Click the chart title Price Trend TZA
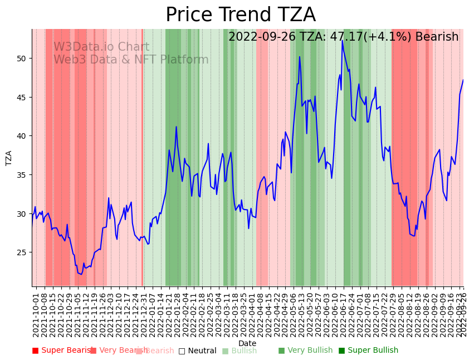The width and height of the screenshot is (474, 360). tap(241, 15)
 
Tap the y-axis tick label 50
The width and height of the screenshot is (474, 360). tap(22, 59)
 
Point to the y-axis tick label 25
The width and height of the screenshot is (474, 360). tap(22, 252)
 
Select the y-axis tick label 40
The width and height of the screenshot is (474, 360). tap(22, 136)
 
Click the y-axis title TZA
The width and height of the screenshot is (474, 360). tap(9, 158)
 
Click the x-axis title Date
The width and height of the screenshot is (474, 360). tap(247, 344)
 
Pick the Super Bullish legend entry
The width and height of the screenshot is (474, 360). tap(368, 351)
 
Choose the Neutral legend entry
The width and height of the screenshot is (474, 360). tap(197, 351)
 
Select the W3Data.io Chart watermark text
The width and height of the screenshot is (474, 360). tap(101, 47)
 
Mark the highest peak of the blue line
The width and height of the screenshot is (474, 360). tap(343, 41)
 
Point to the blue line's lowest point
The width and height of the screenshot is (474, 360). tap(81, 274)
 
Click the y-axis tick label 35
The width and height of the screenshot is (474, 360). tap(22, 175)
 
